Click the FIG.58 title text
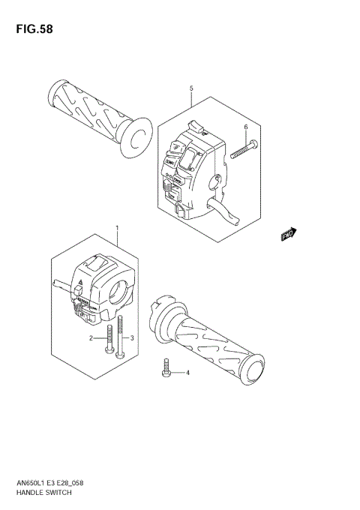(x=31, y=29)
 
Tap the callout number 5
(x=191, y=88)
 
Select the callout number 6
(x=245, y=127)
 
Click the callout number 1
(x=117, y=226)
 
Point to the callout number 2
(x=91, y=339)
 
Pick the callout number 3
(x=132, y=339)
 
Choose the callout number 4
(x=188, y=373)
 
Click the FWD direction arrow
(x=289, y=235)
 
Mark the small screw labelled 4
(x=167, y=367)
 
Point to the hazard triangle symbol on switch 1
(x=77, y=287)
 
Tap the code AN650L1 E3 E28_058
(x=51, y=484)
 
